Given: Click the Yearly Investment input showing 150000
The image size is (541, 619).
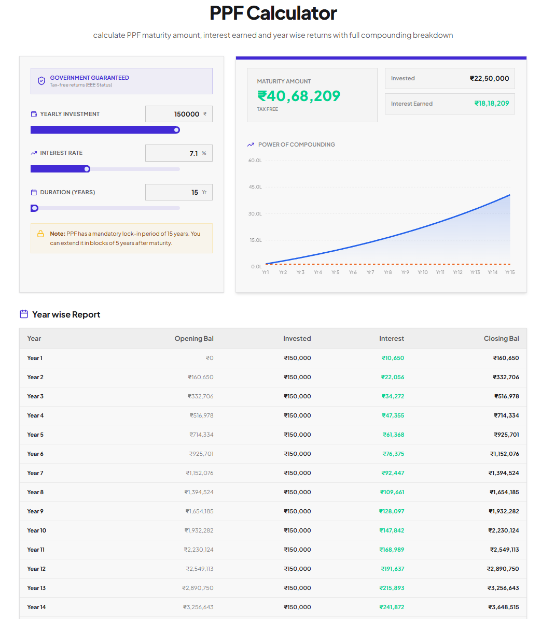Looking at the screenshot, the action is pos(178,114).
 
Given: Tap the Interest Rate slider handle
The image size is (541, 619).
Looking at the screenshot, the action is pos(87,169).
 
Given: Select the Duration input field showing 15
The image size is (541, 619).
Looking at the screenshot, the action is pos(178,192).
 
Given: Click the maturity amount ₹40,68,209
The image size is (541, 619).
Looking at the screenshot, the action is pos(299,96).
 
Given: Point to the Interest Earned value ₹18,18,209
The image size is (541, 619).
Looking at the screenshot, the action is pos(492,104).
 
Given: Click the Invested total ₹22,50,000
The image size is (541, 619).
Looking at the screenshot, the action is pos(489,79).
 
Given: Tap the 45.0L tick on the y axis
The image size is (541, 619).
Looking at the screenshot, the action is pos(255,186).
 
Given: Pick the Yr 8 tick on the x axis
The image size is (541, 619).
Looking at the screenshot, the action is pos(387,272).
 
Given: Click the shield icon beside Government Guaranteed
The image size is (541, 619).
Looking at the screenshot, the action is pos(41,81).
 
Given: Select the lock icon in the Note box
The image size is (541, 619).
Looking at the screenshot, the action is pos(40,234).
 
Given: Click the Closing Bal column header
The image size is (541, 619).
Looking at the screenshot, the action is pos(502,339).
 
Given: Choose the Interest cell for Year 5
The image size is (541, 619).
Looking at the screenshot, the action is pos(393,435).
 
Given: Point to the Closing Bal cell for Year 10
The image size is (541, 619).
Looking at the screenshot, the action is pos(504,530).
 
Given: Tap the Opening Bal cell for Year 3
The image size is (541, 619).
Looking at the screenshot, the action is pos(200,396).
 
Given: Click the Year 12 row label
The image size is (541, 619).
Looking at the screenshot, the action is pos(36,569).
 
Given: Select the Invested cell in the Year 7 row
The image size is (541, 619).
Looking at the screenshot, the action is pos(298,473).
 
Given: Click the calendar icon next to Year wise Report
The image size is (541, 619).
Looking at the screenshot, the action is pos(24,314).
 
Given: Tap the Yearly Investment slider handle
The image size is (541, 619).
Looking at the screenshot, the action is pos(177,130).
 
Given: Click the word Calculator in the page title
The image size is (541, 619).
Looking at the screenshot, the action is pos(292,13).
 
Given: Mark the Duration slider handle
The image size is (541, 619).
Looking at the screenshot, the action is pos(34,208).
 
